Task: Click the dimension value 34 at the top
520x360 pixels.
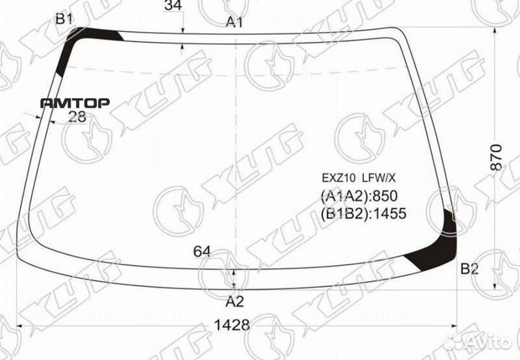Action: pos(173,7)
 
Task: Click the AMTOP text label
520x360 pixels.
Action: pos(75,103)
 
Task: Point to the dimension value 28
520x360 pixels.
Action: pos(77,117)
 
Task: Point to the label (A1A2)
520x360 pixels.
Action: pos(343,197)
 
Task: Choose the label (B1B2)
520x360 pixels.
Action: pos(343,213)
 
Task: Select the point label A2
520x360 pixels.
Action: pos(235,301)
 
